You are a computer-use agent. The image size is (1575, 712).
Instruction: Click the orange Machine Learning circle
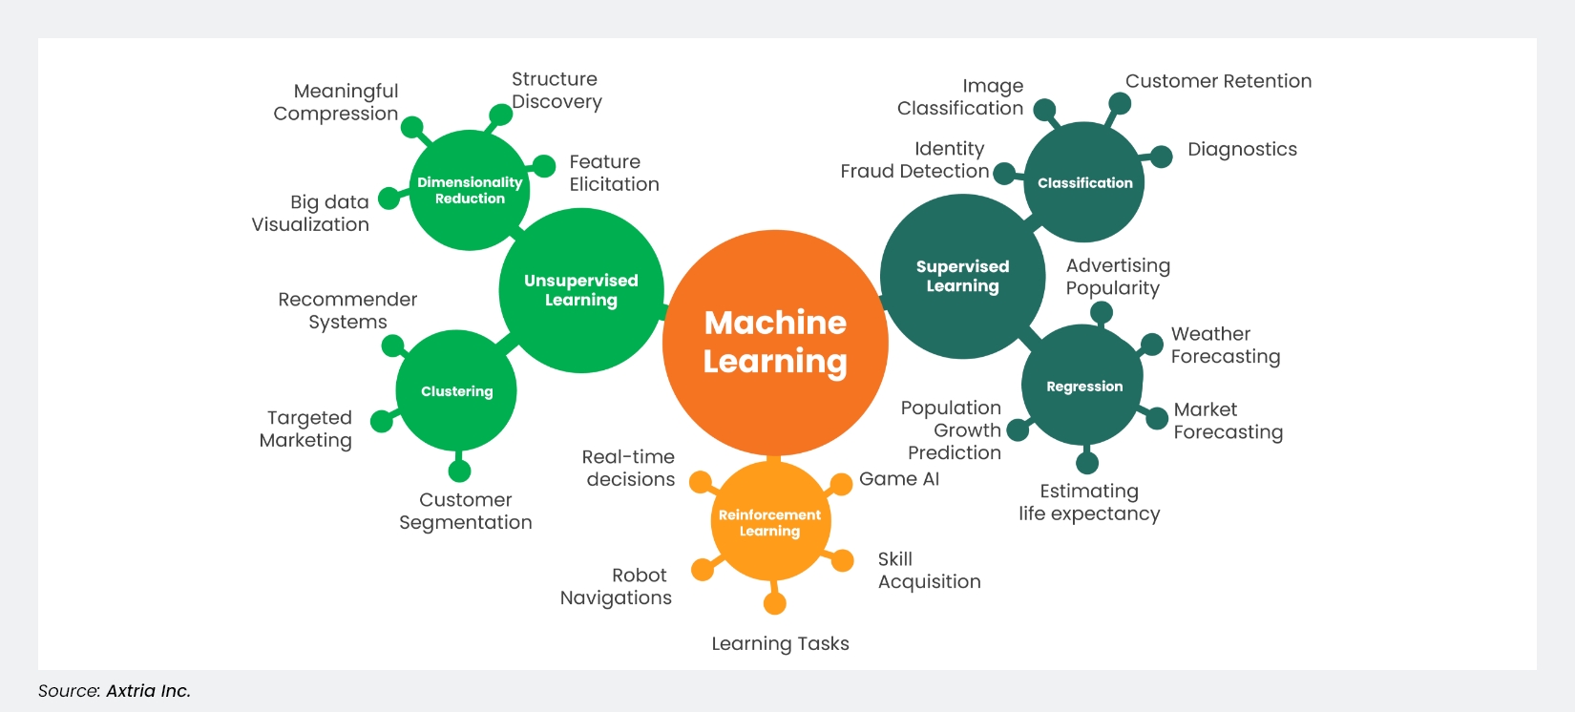[775, 342]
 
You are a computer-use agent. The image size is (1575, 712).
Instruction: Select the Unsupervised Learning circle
[580, 290]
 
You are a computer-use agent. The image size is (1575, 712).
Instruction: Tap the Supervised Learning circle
[962, 277]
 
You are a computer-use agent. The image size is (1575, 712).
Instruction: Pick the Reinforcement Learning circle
[769, 522]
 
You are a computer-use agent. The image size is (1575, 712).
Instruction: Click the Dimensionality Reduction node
[470, 190]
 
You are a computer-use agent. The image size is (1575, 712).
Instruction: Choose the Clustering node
[456, 391]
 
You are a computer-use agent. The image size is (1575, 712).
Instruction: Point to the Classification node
[1084, 182]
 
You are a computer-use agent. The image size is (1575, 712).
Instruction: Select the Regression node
[1083, 386]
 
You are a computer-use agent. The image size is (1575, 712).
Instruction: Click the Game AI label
[899, 479]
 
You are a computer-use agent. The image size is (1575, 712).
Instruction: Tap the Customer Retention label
[1218, 81]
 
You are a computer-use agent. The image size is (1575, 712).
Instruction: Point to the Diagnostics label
[1242, 149]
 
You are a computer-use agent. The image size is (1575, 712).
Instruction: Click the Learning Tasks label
[780, 643]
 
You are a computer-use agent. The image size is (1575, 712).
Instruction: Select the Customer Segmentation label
[466, 511]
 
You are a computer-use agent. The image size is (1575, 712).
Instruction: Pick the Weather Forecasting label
[1226, 346]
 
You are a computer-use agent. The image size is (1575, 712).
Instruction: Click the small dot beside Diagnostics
[1161, 157]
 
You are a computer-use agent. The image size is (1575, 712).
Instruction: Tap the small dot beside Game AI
[841, 484]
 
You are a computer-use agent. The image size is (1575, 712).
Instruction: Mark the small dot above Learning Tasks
[775, 603]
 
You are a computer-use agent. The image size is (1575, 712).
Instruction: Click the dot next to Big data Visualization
[389, 199]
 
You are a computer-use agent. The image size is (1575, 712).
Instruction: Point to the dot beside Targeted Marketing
[382, 421]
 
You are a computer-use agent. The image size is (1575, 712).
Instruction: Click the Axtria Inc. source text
[148, 691]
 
